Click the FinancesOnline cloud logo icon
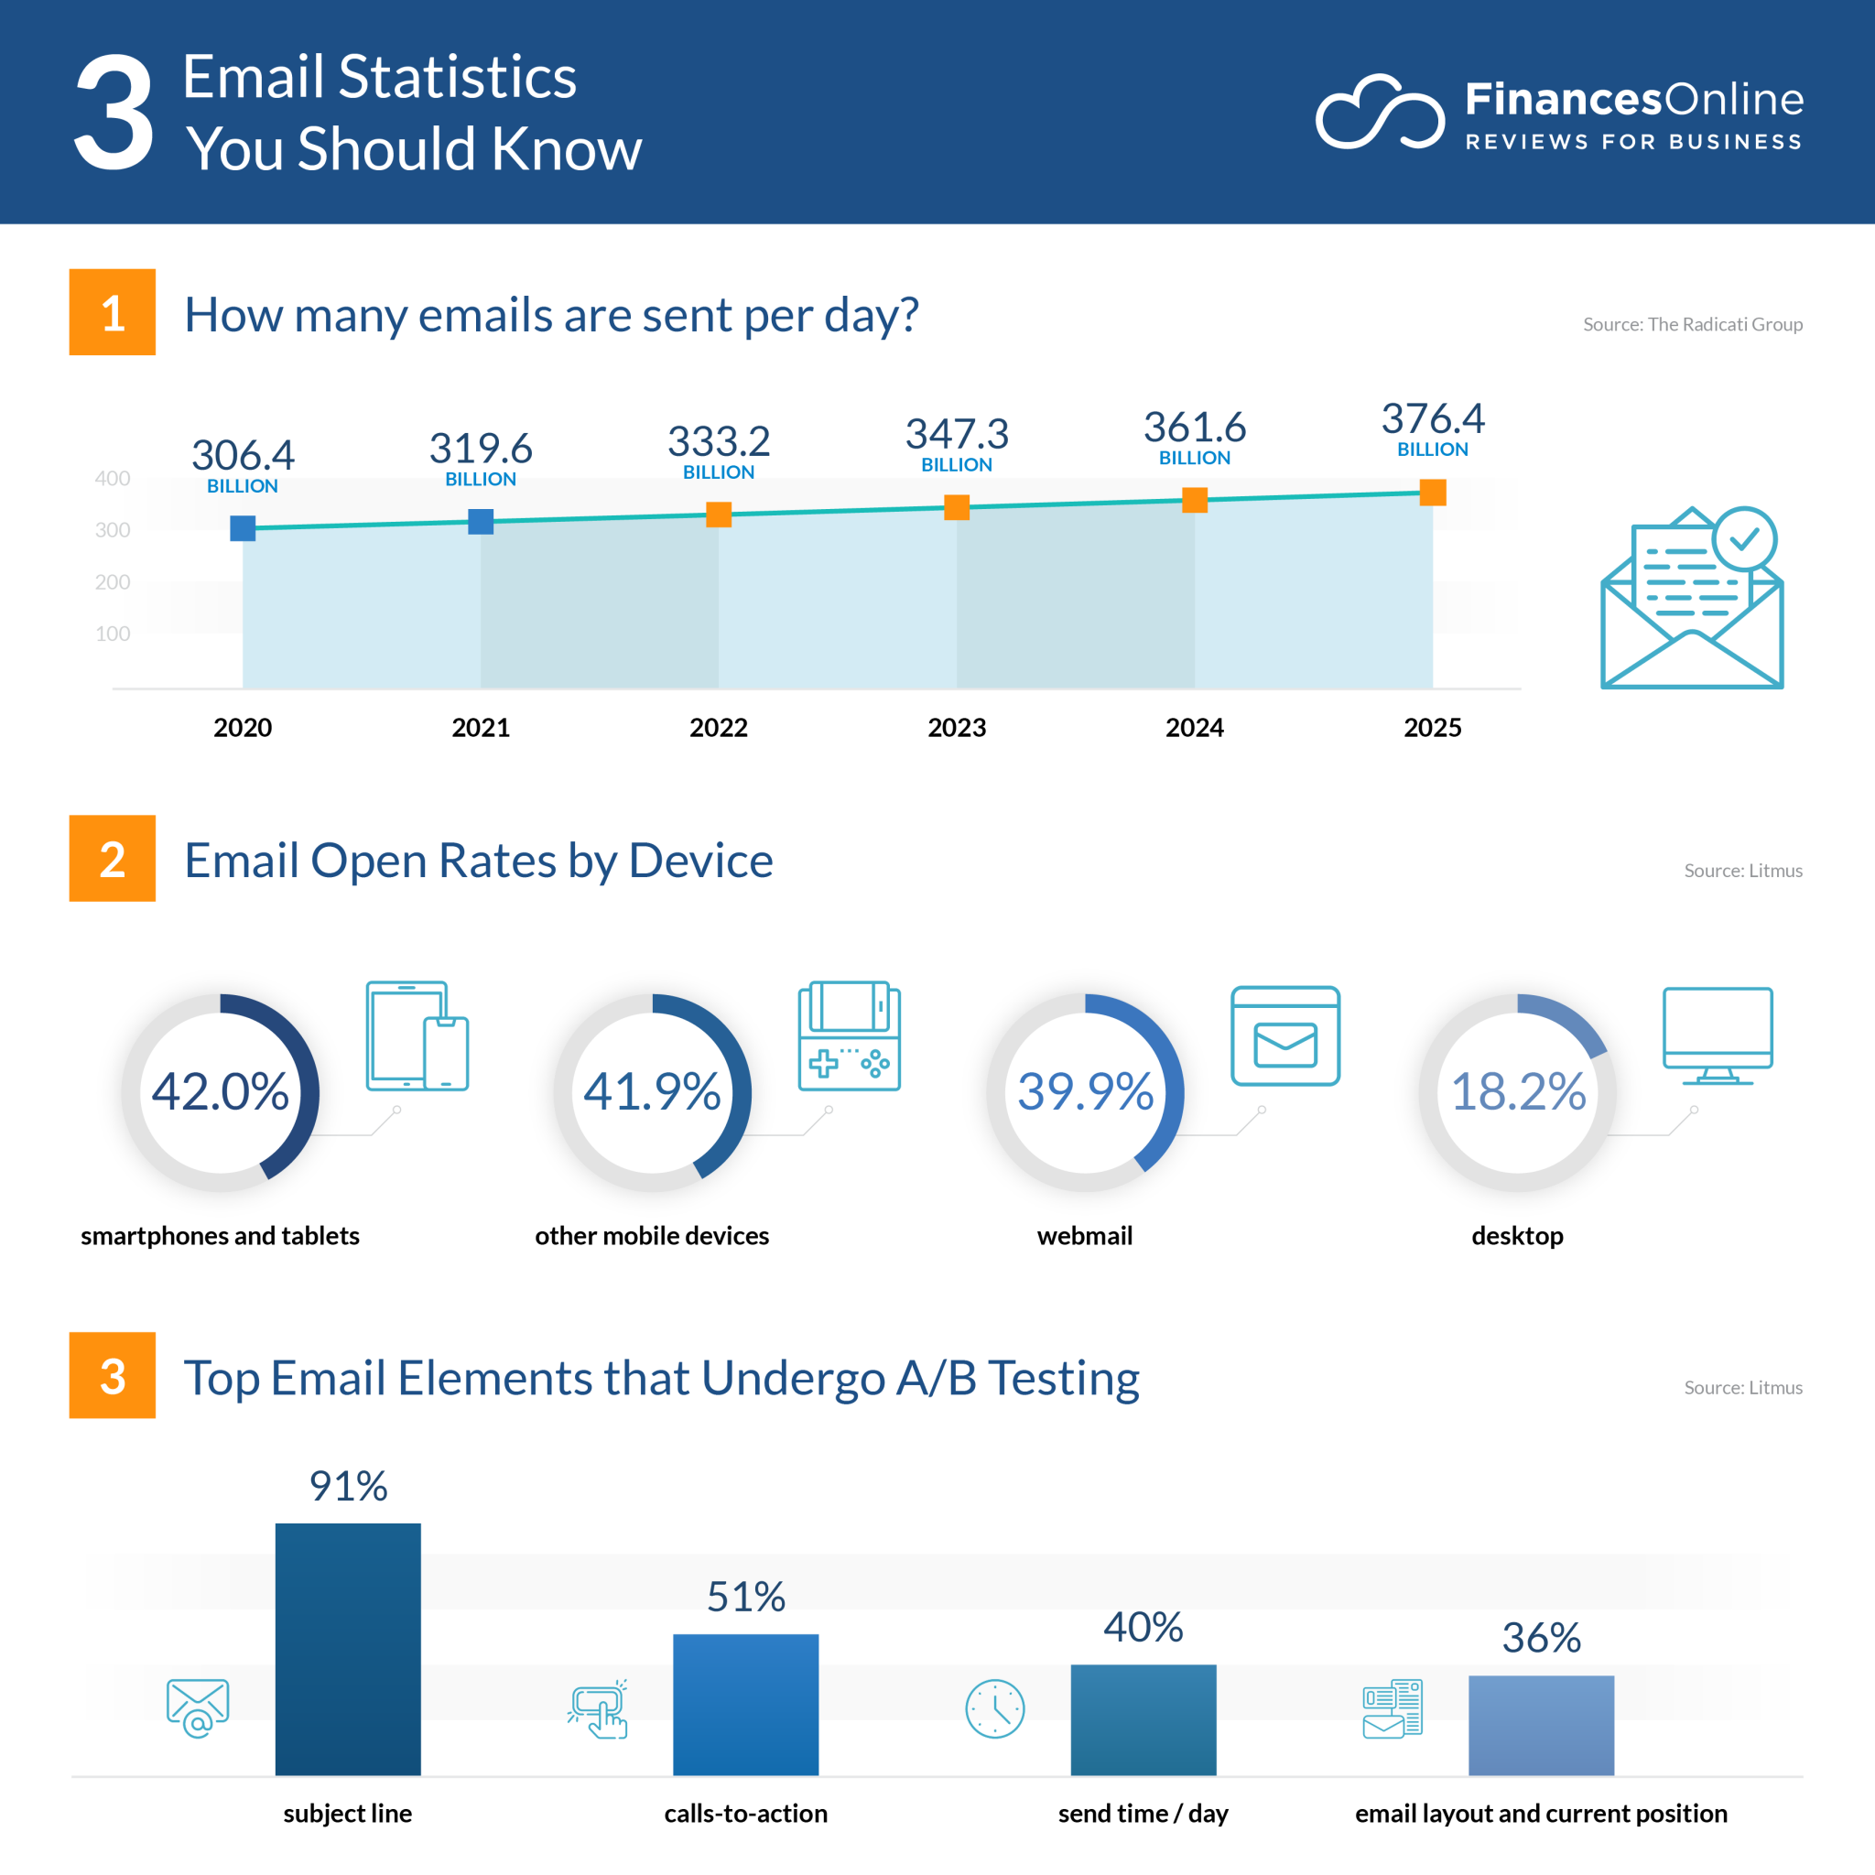click(x=1379, y=113)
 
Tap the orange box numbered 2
click(x=113, y=859)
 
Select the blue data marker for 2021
click(x=481, y=522)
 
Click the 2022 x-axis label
click(x=718, y=728)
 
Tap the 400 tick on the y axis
click(x=113, y=479)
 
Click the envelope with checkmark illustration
click(x=1692, y=598)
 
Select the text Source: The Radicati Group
click(x=1693, y=324)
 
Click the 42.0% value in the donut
click(x=221, y=1092)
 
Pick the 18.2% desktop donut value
click(x=1518, y=1092)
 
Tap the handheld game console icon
click(x=850, y=1035)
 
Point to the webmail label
click(x=1084, y=1235)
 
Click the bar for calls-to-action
click(x=745, y=1705)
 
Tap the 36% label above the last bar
click(x=1541, y=1638)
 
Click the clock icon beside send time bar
click(x=995, y=1709)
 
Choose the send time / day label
click(x=1143, y=1813)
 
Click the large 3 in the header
click(x=114, y=113)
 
